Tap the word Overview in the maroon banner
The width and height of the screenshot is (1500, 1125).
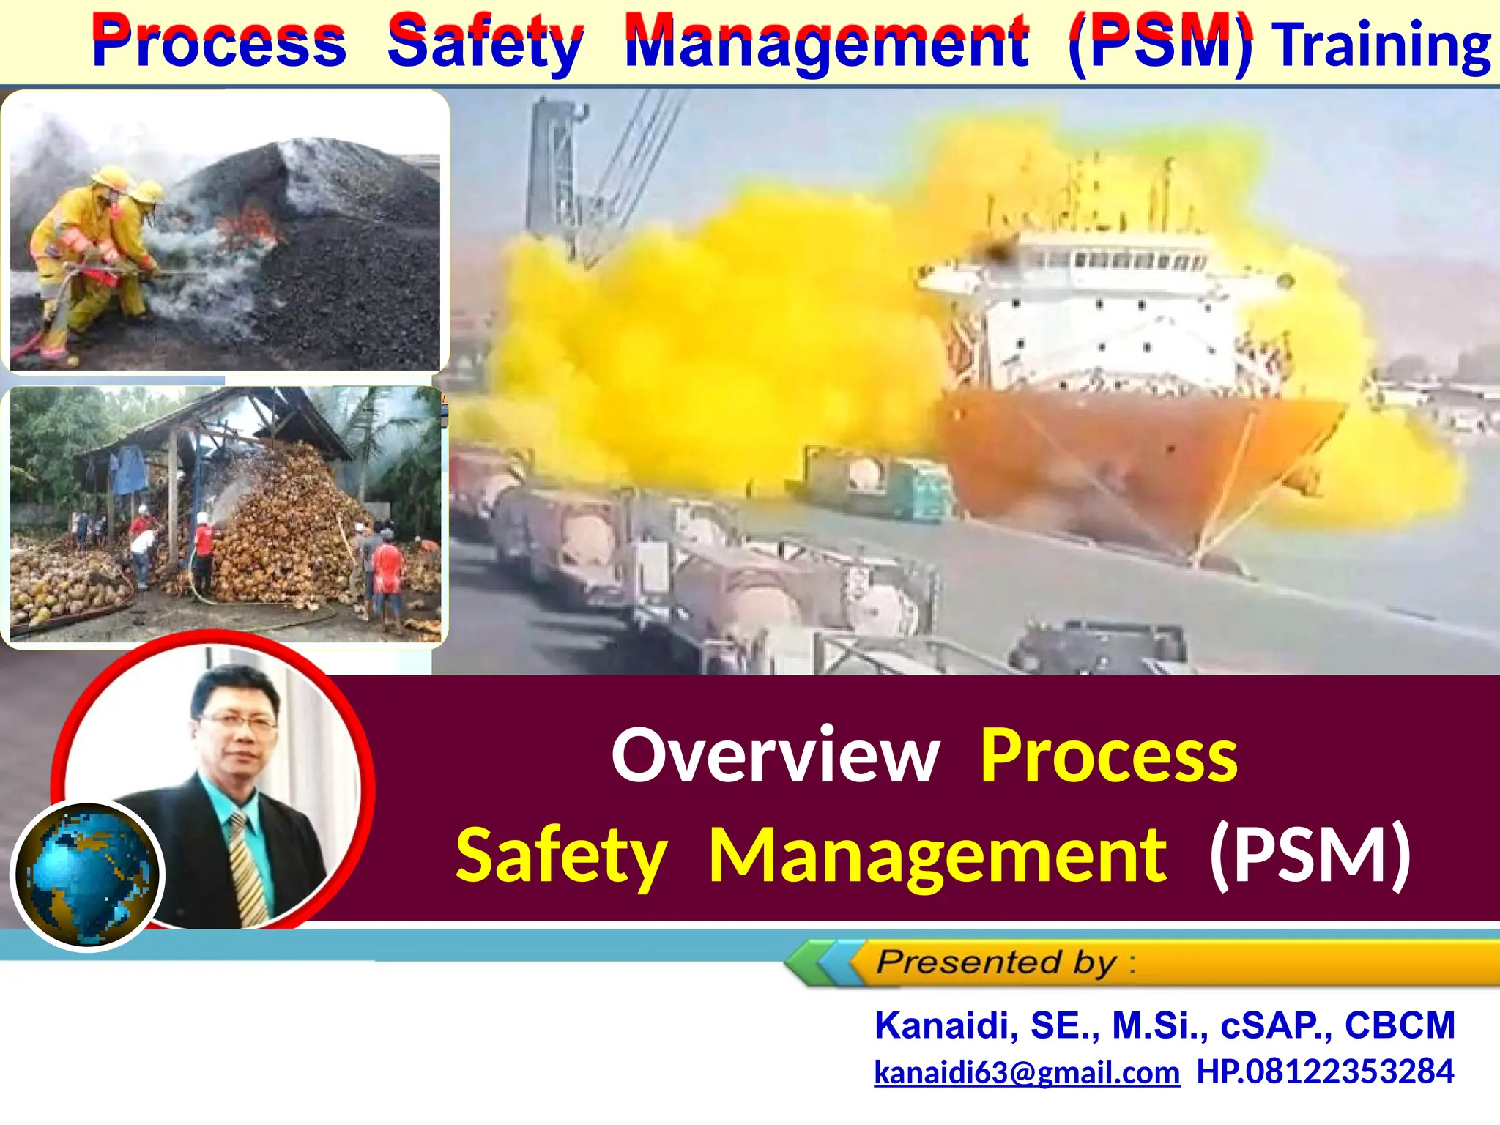pyautogui.click(x=775, y=756)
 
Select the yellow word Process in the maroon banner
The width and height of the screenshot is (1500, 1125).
pyautogui.click(x=1108, y=756)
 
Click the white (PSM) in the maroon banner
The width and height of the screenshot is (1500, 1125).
pyautogui.click(x=1310, y=855)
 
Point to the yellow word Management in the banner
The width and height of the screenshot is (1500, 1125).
pyautogui.click(x=937, y=855)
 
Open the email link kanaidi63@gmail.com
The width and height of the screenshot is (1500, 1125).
pyautogui.click(x=1027, y=1072)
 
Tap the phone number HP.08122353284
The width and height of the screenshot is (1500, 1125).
pyautogui.click(x=1325, y=1072)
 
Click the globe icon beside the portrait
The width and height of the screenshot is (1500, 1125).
pyautogui.click(x=88, y=875)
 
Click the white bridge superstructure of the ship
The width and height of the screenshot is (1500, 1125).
pyautogui.click(x=1099, y=315)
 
